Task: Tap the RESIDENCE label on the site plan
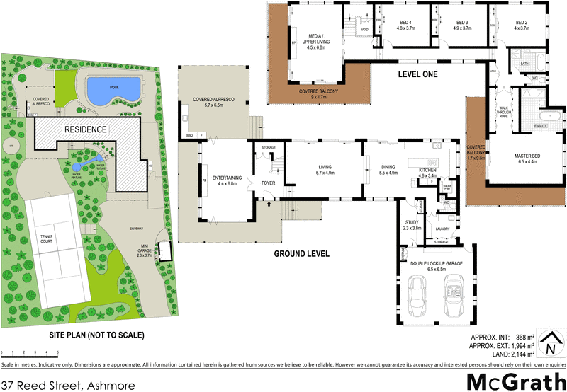click(x=86, y=129)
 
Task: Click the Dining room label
click(x=390, y=170)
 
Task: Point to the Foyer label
click(x=268, y=181)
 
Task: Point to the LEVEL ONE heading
click(x=419, y=74)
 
